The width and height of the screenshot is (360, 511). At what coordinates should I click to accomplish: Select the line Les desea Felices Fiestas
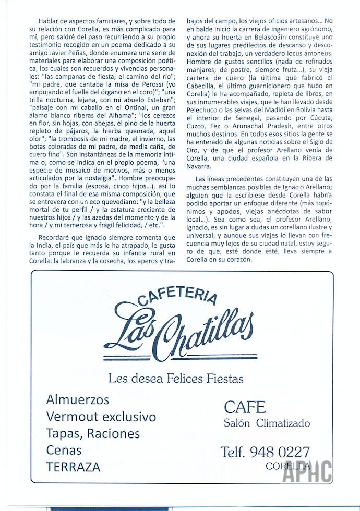(175, 378)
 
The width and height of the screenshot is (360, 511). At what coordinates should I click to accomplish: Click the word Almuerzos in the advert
(78, 400)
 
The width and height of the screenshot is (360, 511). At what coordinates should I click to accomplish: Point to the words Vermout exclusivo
(101, 417)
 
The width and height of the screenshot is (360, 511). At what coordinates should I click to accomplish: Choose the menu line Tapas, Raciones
(93, 433)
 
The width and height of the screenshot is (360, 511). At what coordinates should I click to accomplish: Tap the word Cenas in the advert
(64, 449)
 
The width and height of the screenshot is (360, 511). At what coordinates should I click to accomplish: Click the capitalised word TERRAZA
(73, 467)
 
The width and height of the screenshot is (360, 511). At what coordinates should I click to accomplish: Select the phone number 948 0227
(280, 452)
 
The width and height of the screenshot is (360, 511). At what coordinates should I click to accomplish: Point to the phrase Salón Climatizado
(267, 423)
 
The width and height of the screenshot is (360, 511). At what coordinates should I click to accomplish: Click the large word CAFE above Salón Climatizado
(245, 407)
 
